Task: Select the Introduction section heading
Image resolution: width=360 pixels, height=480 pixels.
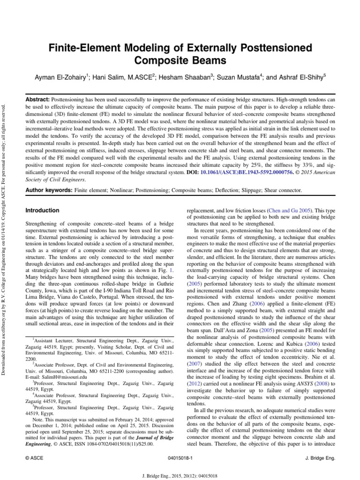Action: pos(42,211)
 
